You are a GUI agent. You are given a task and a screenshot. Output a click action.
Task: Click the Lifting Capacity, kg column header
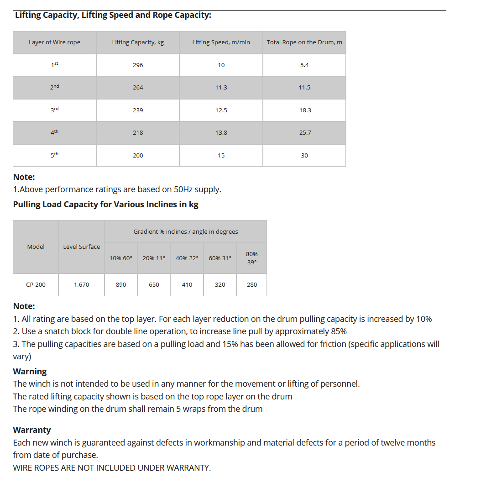tap(138, 42)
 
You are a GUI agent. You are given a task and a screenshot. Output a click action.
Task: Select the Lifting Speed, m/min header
tap(221, 42)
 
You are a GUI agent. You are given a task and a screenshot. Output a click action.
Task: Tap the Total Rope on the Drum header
tap(304, 42)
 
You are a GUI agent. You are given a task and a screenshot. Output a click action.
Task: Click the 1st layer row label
tap(55, 65)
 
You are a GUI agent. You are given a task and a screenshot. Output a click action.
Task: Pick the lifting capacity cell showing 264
tap(138, 87)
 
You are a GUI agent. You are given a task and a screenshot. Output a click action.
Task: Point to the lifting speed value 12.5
tap(221, 110)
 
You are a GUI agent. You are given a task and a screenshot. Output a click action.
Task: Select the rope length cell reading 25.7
tap(305, 132)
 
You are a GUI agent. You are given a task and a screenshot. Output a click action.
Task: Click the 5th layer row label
tap(55, 155)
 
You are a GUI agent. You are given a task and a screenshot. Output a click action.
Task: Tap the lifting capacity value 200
tap(138, 156)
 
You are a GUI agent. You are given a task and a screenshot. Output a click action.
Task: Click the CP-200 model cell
tap(36, 285)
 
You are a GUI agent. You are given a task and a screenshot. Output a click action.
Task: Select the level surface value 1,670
tap(81, 285)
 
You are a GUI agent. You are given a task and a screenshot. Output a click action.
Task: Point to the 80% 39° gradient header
tap(251, 258)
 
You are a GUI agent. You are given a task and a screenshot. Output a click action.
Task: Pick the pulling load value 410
tap(187, 285)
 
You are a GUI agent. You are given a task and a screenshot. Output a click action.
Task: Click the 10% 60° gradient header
tap(121, 258)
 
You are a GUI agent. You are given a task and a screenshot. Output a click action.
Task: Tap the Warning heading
tap(30, 371)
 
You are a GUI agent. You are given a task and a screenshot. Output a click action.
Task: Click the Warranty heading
tap(32, 430)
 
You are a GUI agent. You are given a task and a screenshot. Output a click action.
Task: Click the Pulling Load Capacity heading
tap(105, 204)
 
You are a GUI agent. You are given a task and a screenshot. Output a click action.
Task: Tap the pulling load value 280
tap(251, 285)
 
